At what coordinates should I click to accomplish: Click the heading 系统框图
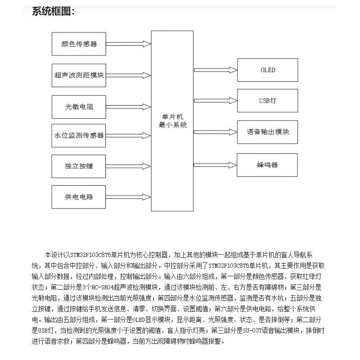53,12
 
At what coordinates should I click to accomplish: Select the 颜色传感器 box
79,44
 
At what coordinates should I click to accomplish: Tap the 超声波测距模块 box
79,75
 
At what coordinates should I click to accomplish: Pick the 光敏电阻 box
79,108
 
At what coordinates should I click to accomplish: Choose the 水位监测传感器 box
79,135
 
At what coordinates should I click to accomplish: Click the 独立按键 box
79,166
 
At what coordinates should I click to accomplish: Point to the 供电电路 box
79,196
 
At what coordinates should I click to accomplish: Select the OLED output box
268,70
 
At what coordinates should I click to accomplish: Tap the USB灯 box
268,100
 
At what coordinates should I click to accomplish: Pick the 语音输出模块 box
268,132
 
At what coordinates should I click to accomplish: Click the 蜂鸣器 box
268,165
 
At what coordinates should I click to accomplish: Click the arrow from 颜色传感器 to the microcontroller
128,44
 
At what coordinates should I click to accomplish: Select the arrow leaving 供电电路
128,196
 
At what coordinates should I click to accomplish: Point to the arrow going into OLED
216,70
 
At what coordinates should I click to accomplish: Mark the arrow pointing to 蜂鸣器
216,165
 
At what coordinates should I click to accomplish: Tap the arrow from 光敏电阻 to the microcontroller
128,108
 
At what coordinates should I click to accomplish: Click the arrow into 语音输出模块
216,132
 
